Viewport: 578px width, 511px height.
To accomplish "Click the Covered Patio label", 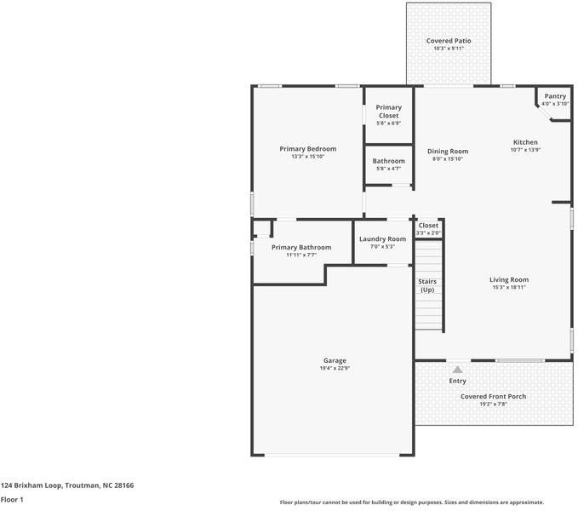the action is click(x=449, y=41).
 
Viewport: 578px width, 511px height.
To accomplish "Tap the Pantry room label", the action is click(x=555, y=96).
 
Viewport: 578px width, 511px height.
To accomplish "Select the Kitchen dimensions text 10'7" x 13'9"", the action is click(x=525, y=150).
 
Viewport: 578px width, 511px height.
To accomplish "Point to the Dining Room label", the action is click(x=448, y=151).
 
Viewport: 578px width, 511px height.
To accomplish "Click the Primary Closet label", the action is click(x=388, y=112).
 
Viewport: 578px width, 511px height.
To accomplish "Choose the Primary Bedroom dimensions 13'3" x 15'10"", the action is click(x=308, y=157).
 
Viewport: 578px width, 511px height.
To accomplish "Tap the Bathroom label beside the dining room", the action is click(x=388, y=161).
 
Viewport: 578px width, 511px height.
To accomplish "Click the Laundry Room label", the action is click(x=382, y=239).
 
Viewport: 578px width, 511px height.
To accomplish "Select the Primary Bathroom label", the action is click(x=301, y=247).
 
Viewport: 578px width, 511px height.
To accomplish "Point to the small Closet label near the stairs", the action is click(x=428, y=226).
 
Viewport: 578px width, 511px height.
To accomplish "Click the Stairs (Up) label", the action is click(x=427, y=285).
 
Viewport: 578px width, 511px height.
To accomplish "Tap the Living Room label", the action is click(x=509, y=280).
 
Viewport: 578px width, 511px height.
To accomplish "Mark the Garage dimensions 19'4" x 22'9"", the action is click(x=335, y=368).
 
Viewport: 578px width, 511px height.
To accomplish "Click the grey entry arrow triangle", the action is click(x=457, y=370).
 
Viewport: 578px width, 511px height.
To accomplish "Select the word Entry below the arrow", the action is click(x=457, y=381).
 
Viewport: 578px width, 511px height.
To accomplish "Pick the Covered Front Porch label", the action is click(x=493, y=396).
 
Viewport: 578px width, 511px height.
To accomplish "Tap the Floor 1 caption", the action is click(x=12, y=500).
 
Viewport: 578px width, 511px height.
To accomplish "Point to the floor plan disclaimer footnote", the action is click(x=412, y=502).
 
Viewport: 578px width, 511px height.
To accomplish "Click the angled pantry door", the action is click(x=544, y=112).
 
